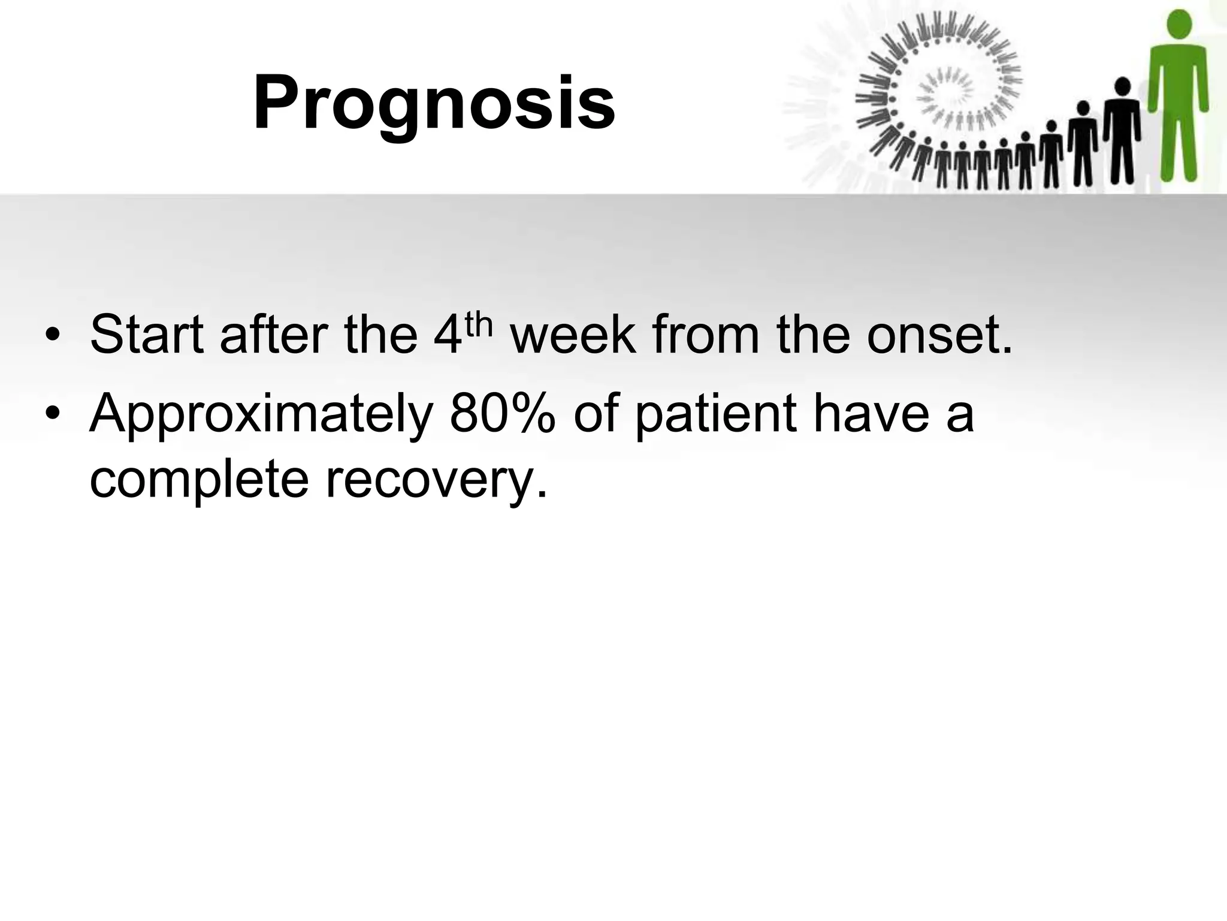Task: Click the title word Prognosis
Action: pyautogui.click(x=434, y=103)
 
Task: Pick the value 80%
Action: pyautogui.click(x=502, y=414)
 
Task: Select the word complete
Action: pyautogui.click(x=198, y=480)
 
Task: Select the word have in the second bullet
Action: pyautogui.click(x=872, y=414)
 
